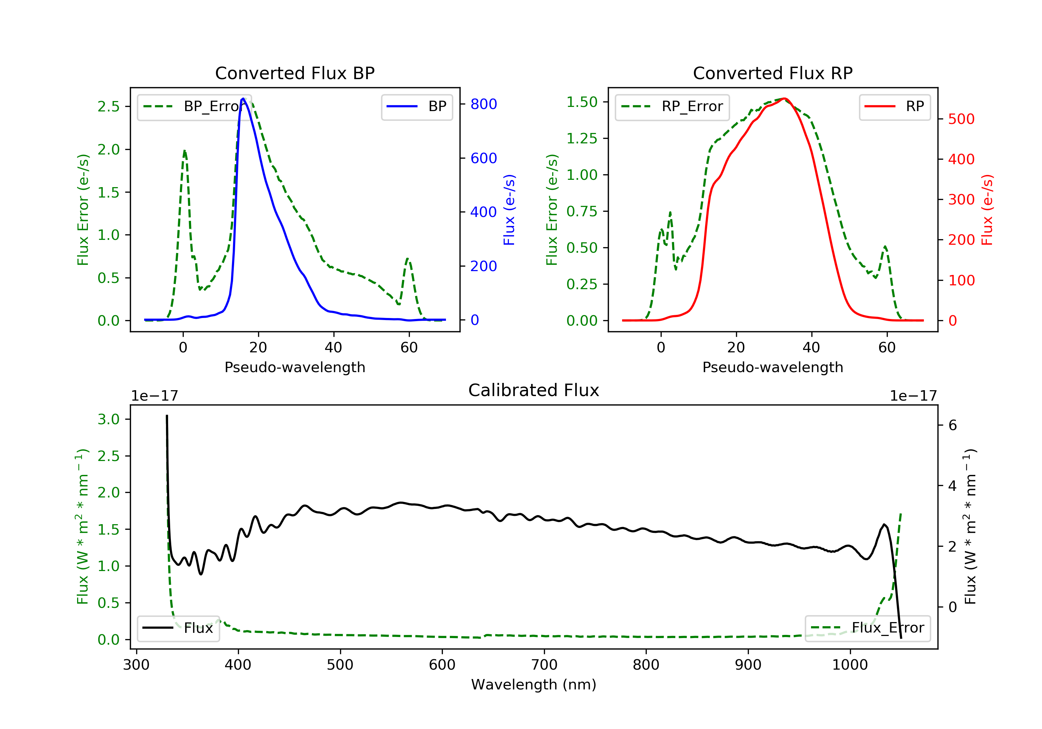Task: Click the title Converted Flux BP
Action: click(295, 73)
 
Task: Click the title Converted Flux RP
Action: click(772, 73)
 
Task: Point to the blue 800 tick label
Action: click(483, 104)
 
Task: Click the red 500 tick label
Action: click(961, 119)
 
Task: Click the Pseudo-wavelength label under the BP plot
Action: click(295, 367)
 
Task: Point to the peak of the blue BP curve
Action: click(243, 99)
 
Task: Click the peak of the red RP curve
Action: click(784, 99)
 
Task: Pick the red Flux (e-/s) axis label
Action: click(987, 210)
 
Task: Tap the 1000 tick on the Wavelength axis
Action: click(850, 665)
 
